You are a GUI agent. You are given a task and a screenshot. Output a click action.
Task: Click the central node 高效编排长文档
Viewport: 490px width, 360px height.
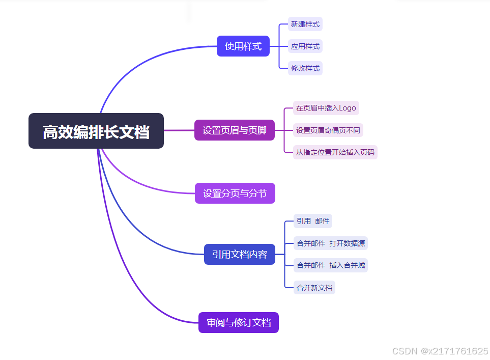pyautogui.click(x=96, y=131)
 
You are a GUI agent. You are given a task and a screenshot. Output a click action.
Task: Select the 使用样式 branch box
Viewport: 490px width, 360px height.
pyautogui.click(x=243, y=46)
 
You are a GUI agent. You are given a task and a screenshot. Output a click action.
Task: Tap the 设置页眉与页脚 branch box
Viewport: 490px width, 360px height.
pyautogui.click(x=234, y=130)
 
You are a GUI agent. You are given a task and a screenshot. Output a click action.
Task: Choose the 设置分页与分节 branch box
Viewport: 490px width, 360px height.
pyautogui.click(x=235, y=193)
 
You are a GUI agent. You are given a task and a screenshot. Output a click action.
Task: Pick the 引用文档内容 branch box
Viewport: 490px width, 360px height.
pyautogui.click(x=239, y=254)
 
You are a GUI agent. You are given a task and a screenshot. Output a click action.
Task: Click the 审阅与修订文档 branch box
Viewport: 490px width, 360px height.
pyautogui.click(x=238, y=322)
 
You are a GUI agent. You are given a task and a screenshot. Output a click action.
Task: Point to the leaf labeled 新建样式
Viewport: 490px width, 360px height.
pyautogui.click(x=305, y=24)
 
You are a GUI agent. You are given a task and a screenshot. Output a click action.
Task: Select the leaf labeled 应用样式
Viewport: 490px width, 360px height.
pyautogui.click(x=305, y=46)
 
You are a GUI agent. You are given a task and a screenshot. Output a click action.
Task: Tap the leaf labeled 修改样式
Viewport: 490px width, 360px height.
pyautogui.click(x=305, y=68)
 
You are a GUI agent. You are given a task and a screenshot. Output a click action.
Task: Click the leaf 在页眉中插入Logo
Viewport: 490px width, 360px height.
pyautogui.click(x=326, y=108)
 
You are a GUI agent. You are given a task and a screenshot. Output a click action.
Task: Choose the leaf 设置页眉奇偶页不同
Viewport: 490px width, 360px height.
pyautogui.click(x=328, y=130)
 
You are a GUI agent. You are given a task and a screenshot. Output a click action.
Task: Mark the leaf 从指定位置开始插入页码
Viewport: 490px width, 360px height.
pyautogui.click(x=335, y=152)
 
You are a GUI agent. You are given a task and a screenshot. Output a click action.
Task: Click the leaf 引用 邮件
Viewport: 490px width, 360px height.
pyautogui.click(x=313, y=221)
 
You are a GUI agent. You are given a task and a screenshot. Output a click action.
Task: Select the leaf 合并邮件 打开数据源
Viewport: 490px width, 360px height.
pyautogui.click(x=331, y=243)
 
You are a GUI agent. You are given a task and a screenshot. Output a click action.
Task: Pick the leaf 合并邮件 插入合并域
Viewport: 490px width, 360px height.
pyautogui.click(x=331, y=265)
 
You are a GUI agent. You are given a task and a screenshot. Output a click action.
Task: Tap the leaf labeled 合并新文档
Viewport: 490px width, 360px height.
pyautogui.click(x=314, y=288)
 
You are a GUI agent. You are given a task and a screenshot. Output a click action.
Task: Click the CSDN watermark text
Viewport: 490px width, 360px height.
pyautogui.click(x=440, y=351)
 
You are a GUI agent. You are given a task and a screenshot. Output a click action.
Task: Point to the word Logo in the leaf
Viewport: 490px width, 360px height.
pyautogui.click(x=348, y=108)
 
